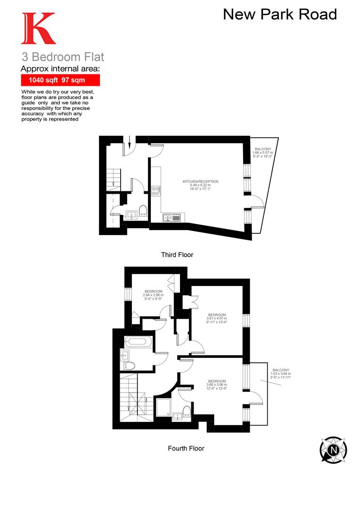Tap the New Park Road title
click(280, 14)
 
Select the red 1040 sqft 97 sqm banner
click(60, 80)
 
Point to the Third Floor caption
click(177, 255)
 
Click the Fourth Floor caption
click(186, 448)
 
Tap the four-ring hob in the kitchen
click(156, 191)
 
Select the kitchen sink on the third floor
click(172, 217)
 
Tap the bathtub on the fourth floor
click(139, 342)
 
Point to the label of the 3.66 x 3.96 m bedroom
click(217, 385)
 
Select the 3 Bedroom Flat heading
click(63, 57)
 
